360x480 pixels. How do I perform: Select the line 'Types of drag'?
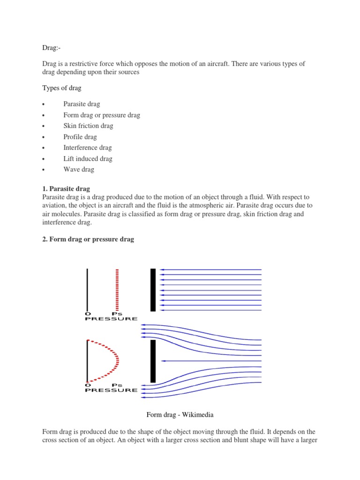61,88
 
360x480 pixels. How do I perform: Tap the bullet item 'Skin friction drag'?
88,126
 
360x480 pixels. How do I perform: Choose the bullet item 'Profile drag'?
80,137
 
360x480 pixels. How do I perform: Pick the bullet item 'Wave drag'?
79,170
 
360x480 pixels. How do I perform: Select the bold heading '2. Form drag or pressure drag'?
88,239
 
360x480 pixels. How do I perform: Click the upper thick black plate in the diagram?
153,290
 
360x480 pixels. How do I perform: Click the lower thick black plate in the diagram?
153,361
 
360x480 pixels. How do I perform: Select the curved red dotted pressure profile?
112,360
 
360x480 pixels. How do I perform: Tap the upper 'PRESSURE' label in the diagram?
111,319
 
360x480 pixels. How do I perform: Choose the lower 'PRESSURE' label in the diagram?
111,390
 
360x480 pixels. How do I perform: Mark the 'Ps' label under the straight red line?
117,314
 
